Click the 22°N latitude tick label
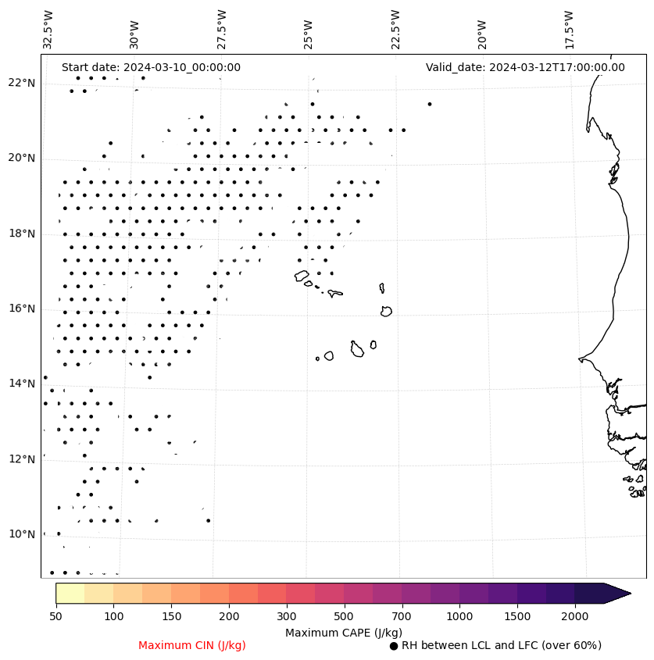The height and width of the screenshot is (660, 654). click(22, 84)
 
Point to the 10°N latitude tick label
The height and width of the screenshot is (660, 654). click(22, 534)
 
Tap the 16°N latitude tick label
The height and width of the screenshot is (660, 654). click(22, 309)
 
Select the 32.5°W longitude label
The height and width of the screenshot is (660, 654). click(48, 30)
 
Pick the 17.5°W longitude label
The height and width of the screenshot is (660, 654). click(569, 30)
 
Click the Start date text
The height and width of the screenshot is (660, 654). click(151, 68)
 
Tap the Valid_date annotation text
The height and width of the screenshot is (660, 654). click(525, 68)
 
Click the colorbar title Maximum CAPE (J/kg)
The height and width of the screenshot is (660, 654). click(344, 633)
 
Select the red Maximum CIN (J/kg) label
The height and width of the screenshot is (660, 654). click(192, 646)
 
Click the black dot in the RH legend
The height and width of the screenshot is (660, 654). click(394, 646)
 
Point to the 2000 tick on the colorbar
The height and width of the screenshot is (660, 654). click(575, 617)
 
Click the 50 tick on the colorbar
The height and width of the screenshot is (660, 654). click(55, 617)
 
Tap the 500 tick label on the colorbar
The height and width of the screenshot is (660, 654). click(344, 617)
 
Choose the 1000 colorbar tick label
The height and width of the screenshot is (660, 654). click(459, 617)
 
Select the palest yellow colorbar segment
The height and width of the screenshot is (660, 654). click(70, 593)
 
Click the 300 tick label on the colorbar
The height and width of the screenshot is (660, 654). click(287, 617)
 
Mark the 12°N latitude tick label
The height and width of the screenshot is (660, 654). click(22, 459)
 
